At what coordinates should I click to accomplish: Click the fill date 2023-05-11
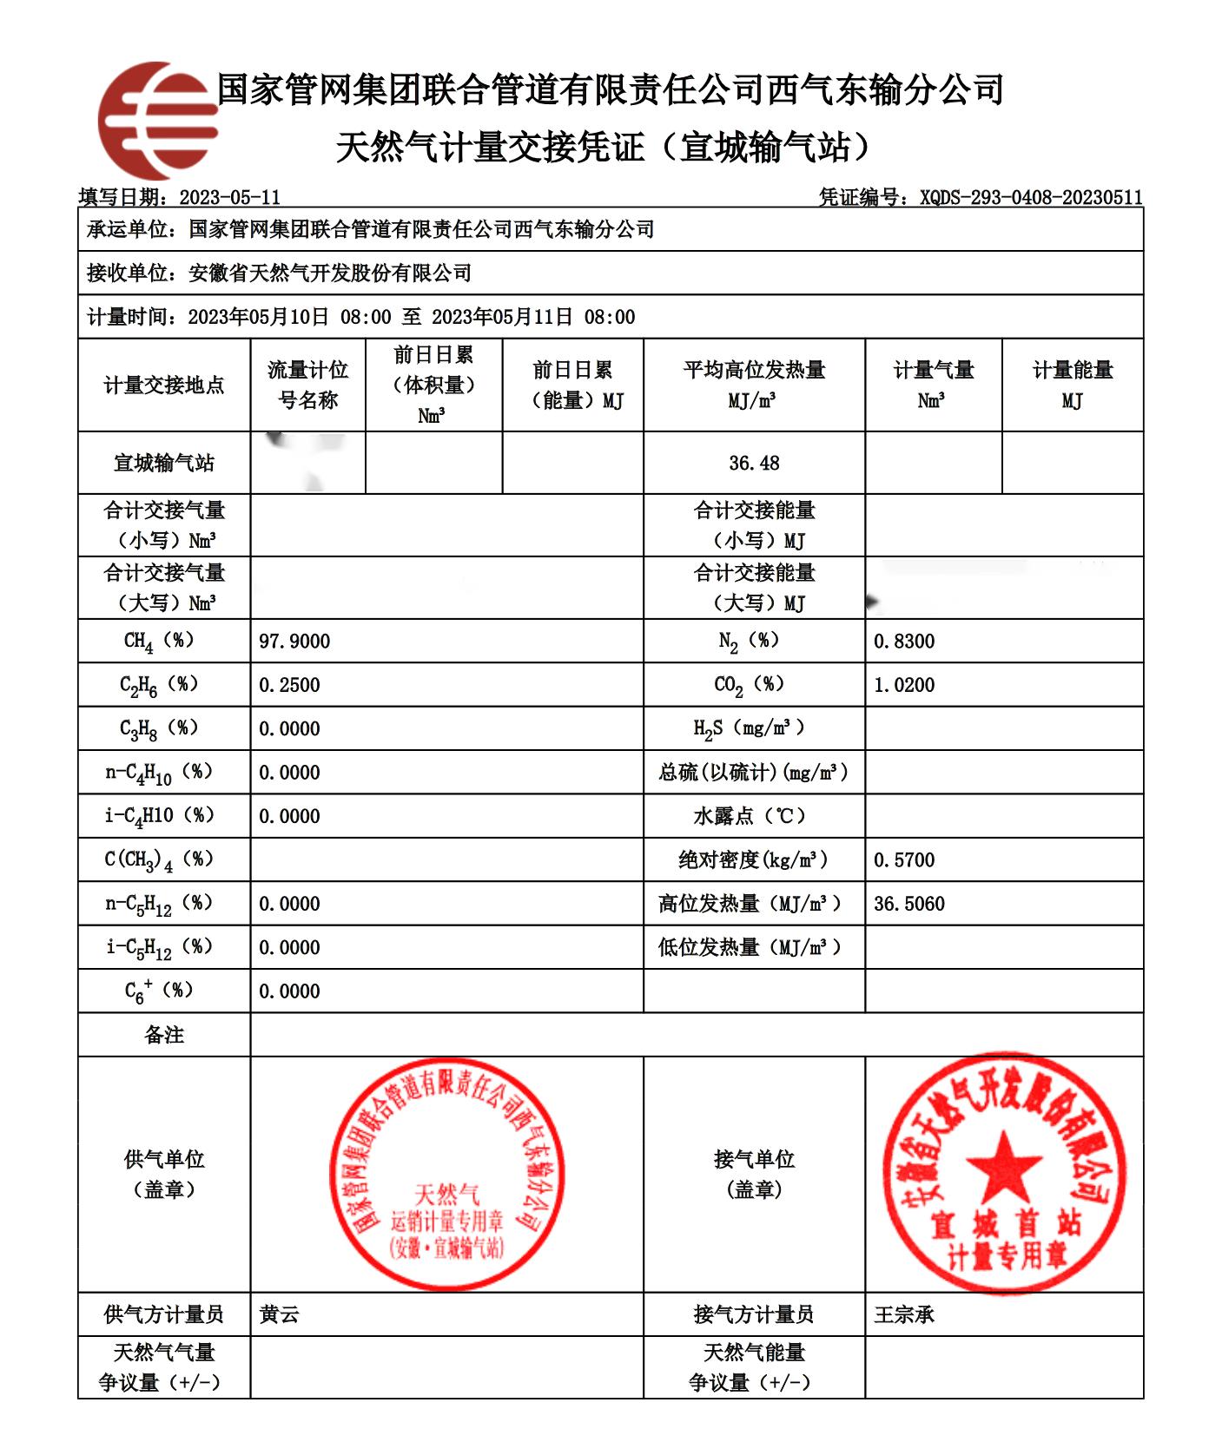tap(229, 198)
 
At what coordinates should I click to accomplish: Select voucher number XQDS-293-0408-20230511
tap(1031, 198)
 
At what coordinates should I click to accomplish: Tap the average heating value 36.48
tap(754, 464)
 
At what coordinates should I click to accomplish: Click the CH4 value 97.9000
tap(294, 642)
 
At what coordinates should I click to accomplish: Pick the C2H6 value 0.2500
tap(289, 685)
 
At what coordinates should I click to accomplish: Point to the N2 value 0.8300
tap(904, 642)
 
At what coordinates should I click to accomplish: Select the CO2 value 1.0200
tap(904, 685)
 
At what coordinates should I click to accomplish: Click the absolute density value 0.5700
tap(904, 860)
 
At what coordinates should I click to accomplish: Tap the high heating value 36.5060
tap(909, 904)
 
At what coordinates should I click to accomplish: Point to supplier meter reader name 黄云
tap(279, 1314)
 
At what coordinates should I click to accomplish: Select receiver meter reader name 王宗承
tap(904, 1314)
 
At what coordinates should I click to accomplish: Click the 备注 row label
tap(164, 1035)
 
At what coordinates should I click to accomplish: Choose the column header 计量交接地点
tap(164, 385)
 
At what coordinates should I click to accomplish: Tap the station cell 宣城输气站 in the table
tap(164, 464)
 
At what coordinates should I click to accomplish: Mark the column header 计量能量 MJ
tap(1073, 385)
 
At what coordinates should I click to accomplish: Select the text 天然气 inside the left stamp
tap(446, 1195)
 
